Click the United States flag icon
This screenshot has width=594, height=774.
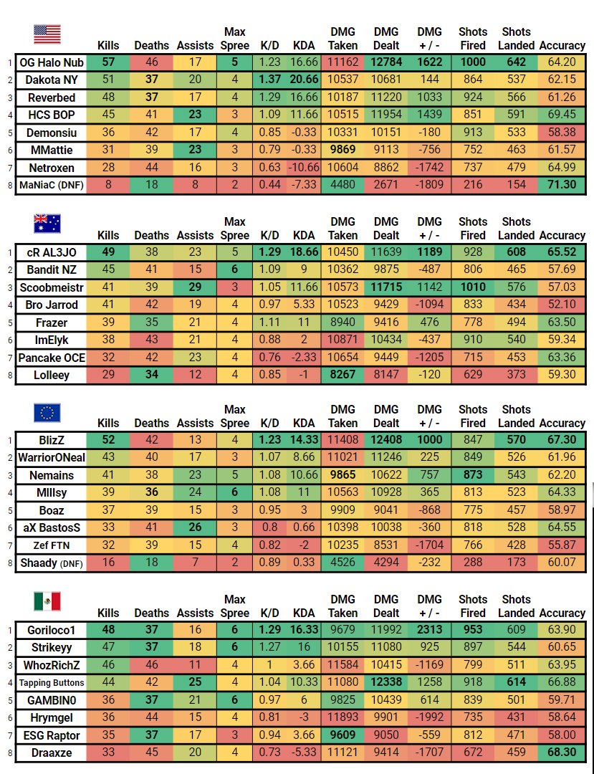coord(47,34)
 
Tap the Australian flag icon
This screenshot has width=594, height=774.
coord(47,223)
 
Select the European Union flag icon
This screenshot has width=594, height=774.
coord(47,412)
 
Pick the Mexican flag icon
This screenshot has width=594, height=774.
coord(47,601)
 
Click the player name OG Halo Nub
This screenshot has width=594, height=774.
coord(51,62)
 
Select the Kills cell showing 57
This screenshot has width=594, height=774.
coord(108,62)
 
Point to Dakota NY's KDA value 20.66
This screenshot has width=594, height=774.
coord(304,80)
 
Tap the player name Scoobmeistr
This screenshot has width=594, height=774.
coord(51,287)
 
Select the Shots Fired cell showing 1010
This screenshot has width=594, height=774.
coord(473,287)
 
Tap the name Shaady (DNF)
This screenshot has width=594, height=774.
coord(51,563)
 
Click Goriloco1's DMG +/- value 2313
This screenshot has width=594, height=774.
coord(430,631)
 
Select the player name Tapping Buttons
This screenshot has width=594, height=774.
coord(51,683)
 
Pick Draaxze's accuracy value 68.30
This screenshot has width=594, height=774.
coord(562,752)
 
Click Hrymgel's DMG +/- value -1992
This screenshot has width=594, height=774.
coord(430,717)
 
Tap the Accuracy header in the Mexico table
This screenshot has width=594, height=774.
coord(562,613)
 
